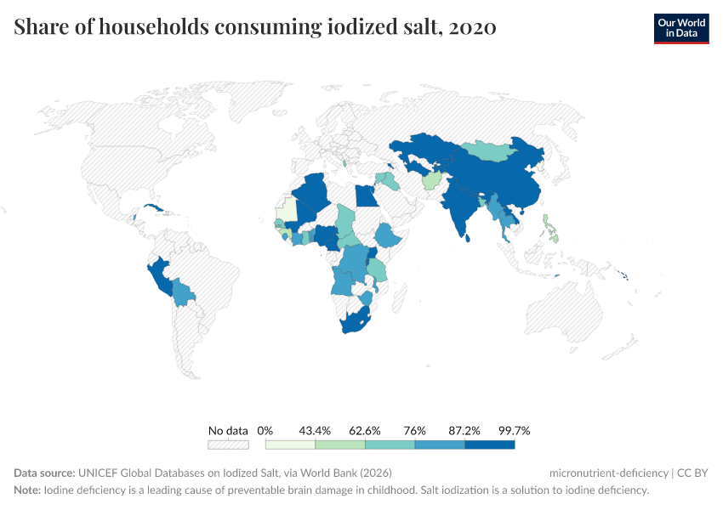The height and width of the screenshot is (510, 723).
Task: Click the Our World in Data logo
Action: (681, 28)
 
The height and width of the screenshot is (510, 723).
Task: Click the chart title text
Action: (255, 27)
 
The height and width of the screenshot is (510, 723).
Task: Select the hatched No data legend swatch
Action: (228, 444)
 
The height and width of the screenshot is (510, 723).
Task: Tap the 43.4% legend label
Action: (315, 430)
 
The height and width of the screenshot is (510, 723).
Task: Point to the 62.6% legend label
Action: (364, 430)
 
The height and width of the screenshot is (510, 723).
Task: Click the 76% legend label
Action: (414, 430)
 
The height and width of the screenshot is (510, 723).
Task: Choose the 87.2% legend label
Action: (464, 430)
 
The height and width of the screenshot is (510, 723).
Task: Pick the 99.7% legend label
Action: (514, 430)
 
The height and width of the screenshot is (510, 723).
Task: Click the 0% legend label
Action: (265, 430)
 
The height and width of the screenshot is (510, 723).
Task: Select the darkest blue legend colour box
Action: (489, 444)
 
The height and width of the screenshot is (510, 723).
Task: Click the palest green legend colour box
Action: (290, 444)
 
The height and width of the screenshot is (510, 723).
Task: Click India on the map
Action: (459, 208)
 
